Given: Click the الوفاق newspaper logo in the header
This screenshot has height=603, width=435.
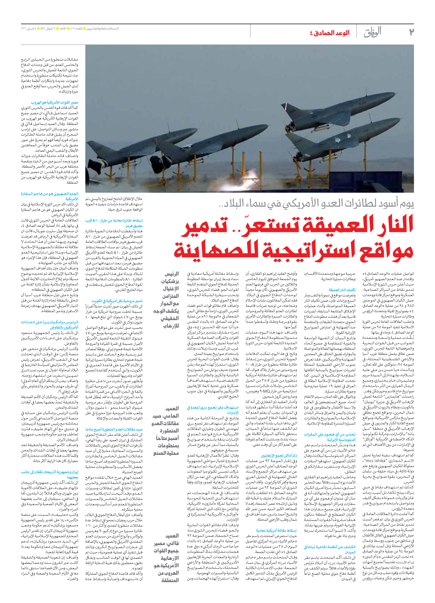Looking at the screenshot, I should pos(373,32).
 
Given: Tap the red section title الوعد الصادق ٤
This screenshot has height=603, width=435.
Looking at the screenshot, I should pos(330,33).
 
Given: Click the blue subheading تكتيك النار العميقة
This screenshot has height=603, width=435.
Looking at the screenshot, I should pos(342,290).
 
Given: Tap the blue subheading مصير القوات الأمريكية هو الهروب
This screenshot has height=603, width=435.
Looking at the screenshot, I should pos(54,102).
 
